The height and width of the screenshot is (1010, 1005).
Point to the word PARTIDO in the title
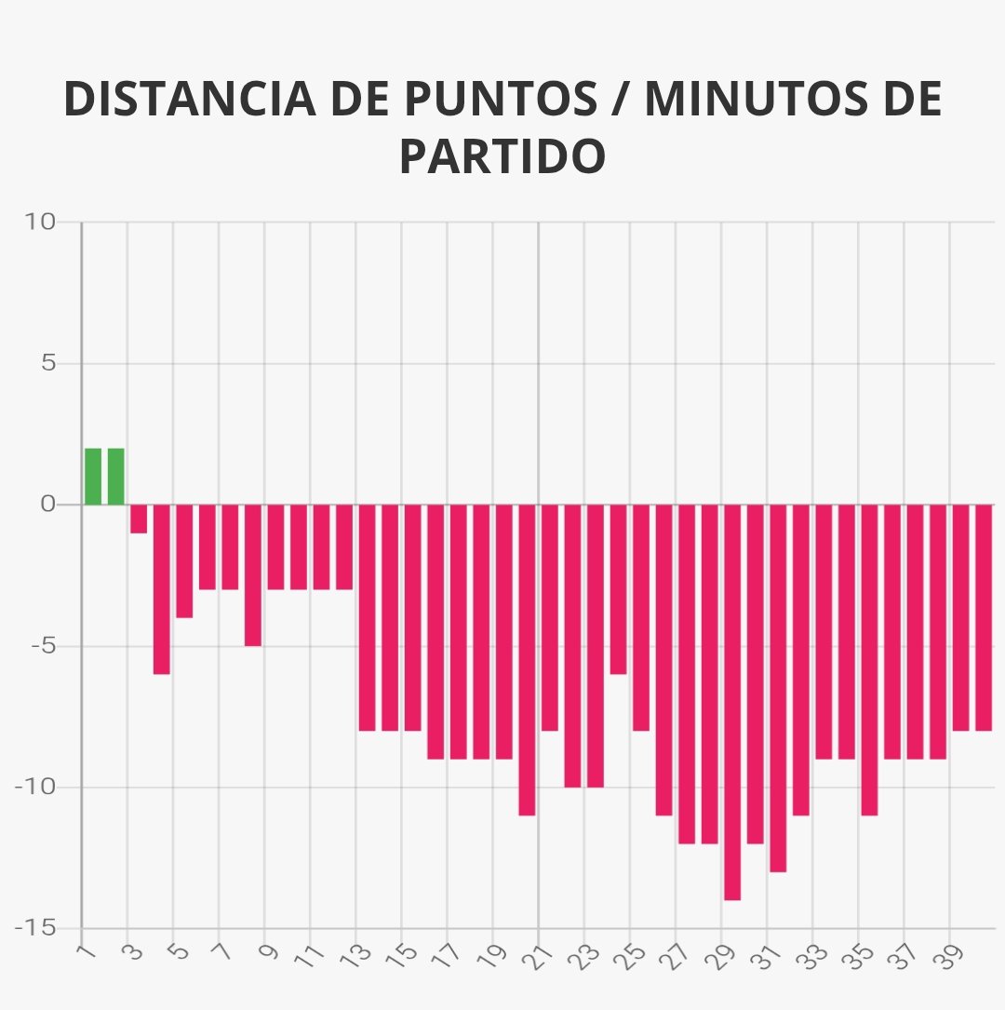[502, 156]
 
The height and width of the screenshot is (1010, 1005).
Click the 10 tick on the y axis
[42, 222]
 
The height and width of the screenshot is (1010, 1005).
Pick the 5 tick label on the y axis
[48, 363]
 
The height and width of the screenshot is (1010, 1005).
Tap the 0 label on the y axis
[48, 505]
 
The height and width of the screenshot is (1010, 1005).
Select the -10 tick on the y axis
[35, 788]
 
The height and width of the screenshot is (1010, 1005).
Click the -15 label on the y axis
[35, 928]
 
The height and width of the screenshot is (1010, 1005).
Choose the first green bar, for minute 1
[93, 477]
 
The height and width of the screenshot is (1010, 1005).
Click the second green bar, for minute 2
[115, 477]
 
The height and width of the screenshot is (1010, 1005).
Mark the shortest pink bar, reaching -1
[139, 518]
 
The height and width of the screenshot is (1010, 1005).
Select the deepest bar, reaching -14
[732, 702]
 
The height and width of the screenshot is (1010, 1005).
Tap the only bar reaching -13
[778, 688]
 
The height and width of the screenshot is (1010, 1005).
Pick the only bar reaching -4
[184, 560]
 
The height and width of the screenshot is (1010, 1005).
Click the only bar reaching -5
[253, 575]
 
